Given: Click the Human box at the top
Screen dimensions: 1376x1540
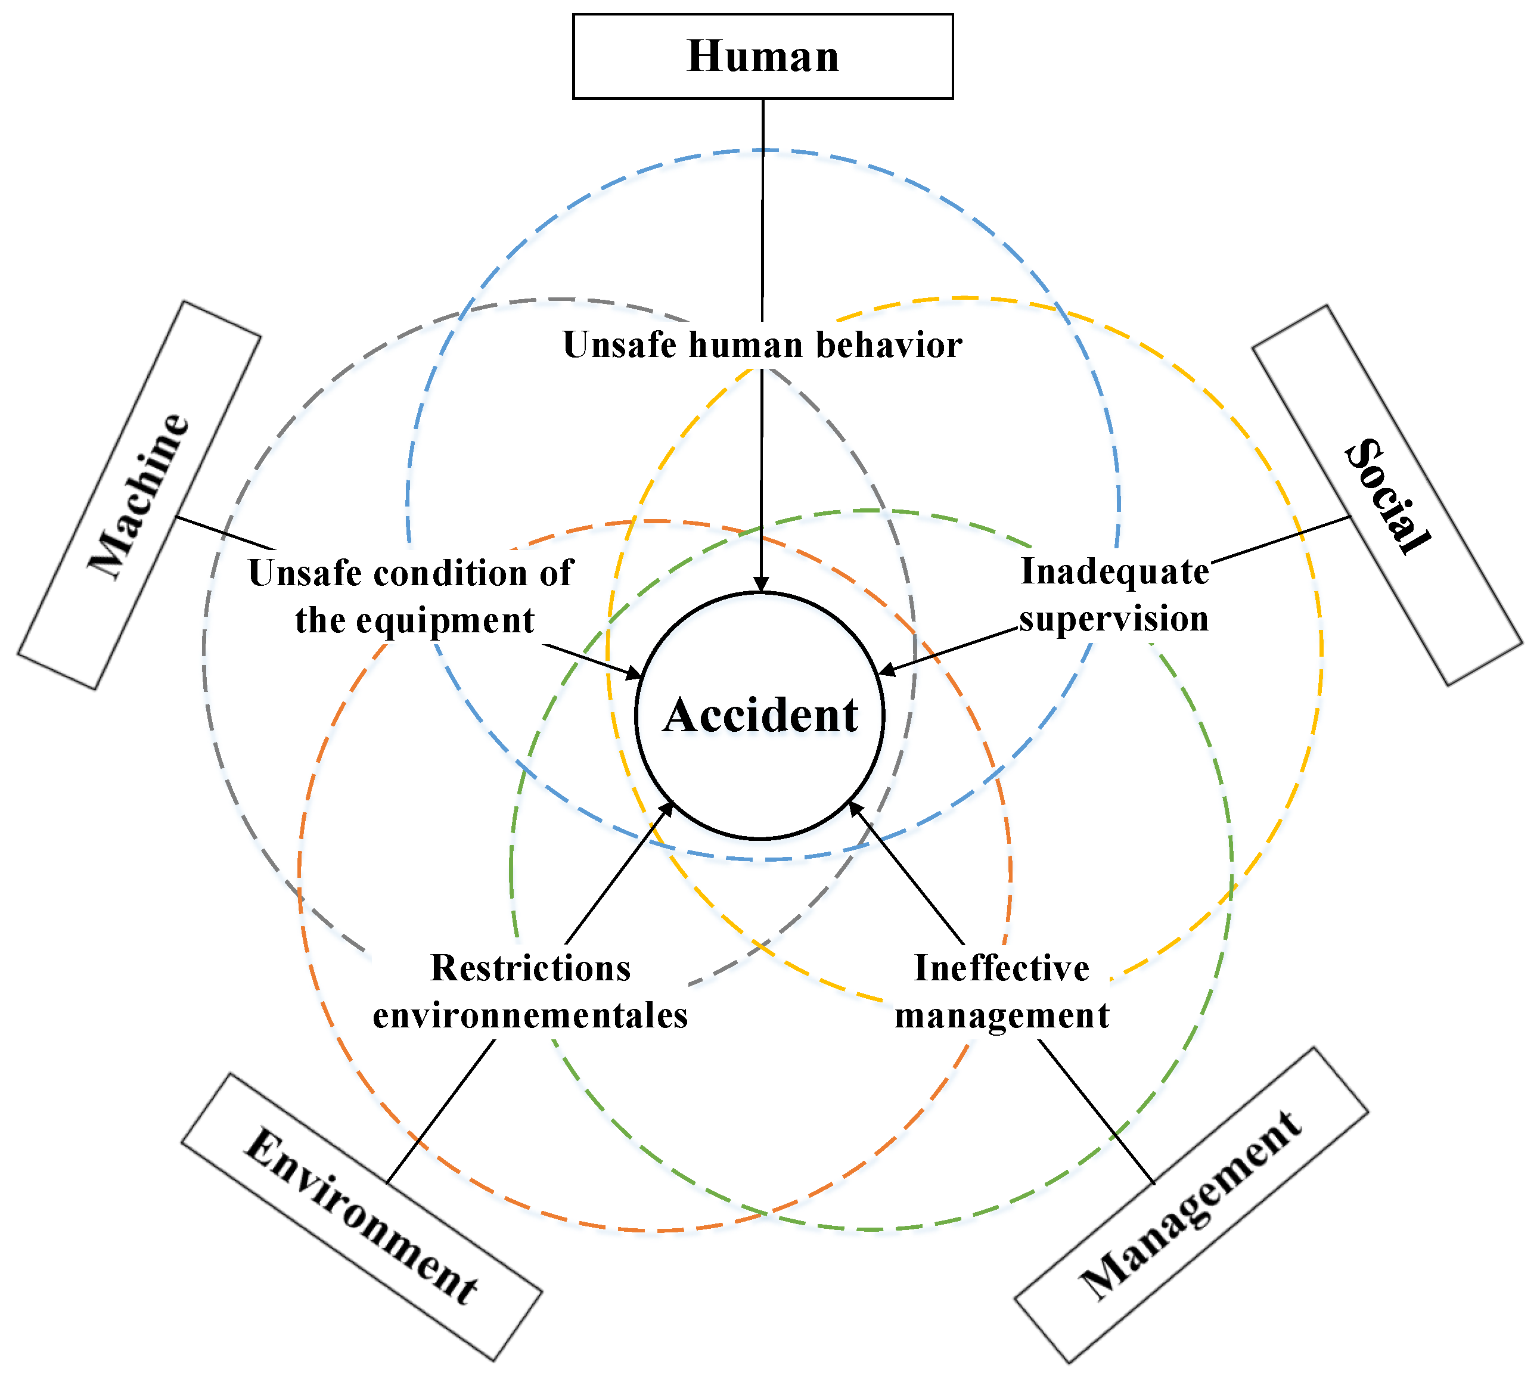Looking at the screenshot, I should point(762,57).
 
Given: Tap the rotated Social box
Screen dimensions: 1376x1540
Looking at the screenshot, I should point(1387,495).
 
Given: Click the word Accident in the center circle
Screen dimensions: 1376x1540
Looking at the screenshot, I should point(760,715).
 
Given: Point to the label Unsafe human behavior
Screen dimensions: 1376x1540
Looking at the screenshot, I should point(762,345).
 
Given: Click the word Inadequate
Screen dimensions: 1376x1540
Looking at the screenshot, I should point(1114,571).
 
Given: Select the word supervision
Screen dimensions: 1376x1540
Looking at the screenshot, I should point(1114,619).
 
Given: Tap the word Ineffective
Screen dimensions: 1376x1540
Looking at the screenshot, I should point(1002,968).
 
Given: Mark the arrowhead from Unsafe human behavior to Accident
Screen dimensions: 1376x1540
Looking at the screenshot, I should point(761,585).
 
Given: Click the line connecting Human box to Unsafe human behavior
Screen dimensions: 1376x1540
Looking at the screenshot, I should point(762,212).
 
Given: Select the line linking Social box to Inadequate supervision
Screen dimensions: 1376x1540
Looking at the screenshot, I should point(1281,539).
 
